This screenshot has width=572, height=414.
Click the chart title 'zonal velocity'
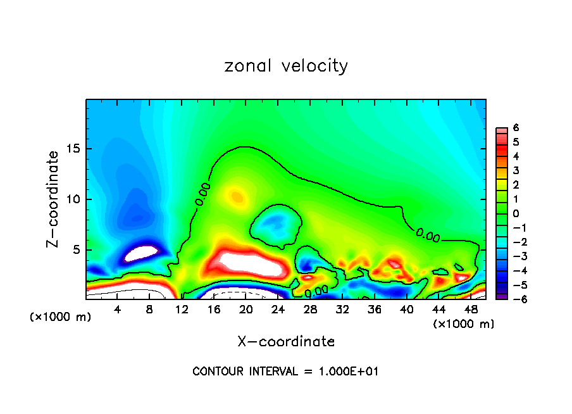[x=286, y=66]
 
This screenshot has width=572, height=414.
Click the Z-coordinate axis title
[x=54, y=199]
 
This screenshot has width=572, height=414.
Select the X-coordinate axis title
[x=286, y=342]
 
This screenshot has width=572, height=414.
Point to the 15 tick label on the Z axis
[x=75, y=149]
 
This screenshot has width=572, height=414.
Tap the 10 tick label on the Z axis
[x=75, y=199]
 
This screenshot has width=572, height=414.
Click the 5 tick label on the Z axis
[x=78, y=250]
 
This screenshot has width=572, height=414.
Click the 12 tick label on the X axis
[x=182, y=310]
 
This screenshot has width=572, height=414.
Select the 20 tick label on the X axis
[x=246, y=310]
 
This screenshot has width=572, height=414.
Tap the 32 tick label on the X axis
[x=342, y=310]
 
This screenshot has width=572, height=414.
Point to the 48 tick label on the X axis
[x=471, y=310]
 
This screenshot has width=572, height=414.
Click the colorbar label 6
[x=516, y=128]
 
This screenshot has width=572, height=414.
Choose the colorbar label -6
[x=514, y=299]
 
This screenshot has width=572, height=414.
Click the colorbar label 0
[x=516, y=213]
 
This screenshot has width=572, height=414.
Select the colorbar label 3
[x=516, y=170]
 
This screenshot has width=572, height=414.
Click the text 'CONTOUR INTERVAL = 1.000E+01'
[x=285, y=372]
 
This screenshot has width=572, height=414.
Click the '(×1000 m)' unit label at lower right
[x=464, y=324]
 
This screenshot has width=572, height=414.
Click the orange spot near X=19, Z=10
[x=237, y=196]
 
